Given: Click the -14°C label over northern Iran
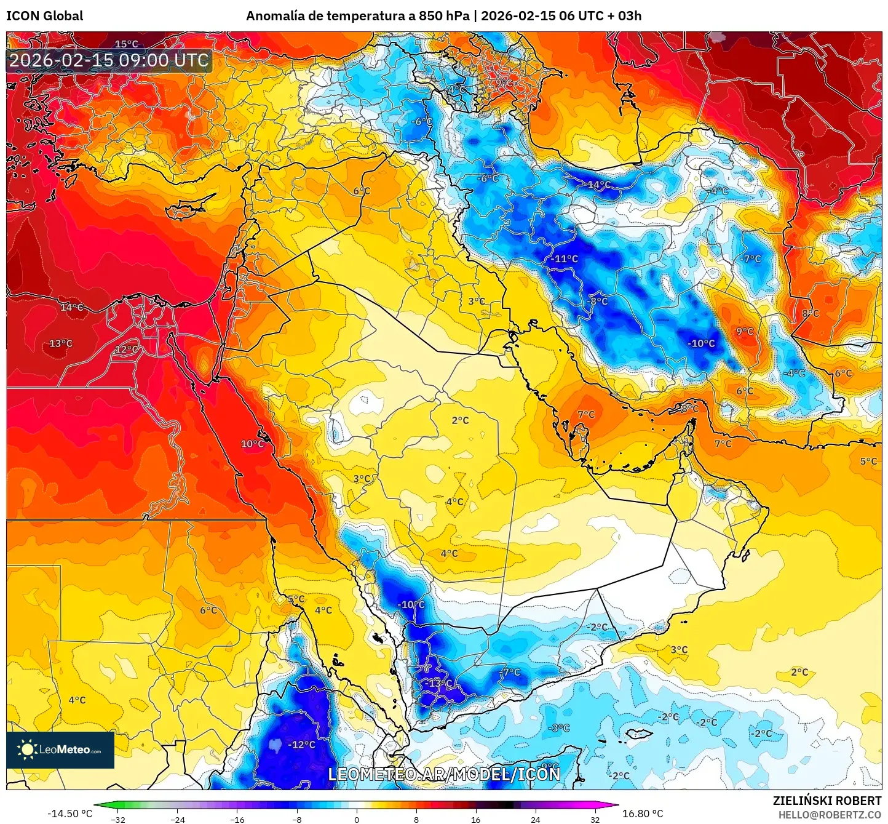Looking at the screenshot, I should click(x=597, y=185).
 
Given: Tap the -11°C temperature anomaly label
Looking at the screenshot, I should click(x=564, y=258).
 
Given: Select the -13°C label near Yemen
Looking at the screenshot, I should click(x=438, y=683).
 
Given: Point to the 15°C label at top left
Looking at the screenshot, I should click(x=127, y=44).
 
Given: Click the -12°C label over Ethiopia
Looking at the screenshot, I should click(x=301, y=745).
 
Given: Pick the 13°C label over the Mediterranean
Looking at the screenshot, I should click(x=60, y=343).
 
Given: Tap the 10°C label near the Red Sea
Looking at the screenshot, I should click(x=252, y=444).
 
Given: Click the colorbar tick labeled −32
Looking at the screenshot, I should click(x=118, y=819).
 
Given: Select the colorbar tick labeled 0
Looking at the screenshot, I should click(x=356, y=819).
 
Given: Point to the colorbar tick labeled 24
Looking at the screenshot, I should click(x=535, y=819).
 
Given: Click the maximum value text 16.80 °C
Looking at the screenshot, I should click(x=643, y=814).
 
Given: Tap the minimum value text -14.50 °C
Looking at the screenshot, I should click(x=69, y=814).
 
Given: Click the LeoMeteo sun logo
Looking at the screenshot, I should click(x=27, y=750).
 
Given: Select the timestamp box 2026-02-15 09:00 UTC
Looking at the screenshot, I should click(x=109, y=60).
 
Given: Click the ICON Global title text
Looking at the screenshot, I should click(x=44, y=16).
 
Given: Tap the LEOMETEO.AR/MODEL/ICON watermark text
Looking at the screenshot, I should click(x=444, y=774).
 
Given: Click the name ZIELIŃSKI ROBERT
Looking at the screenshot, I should click(x=827, y=801).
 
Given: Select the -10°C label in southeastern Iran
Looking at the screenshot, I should click(x=701, y=343).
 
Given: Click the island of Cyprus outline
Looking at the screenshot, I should click(x=189, y=206).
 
